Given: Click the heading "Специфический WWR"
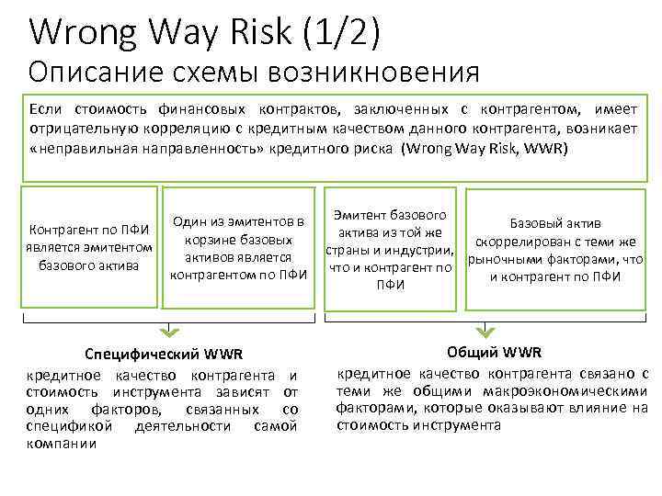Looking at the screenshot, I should click(162, 355).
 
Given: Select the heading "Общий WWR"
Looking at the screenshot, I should click(494, 353).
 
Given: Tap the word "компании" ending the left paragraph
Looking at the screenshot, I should click(63, 444).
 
